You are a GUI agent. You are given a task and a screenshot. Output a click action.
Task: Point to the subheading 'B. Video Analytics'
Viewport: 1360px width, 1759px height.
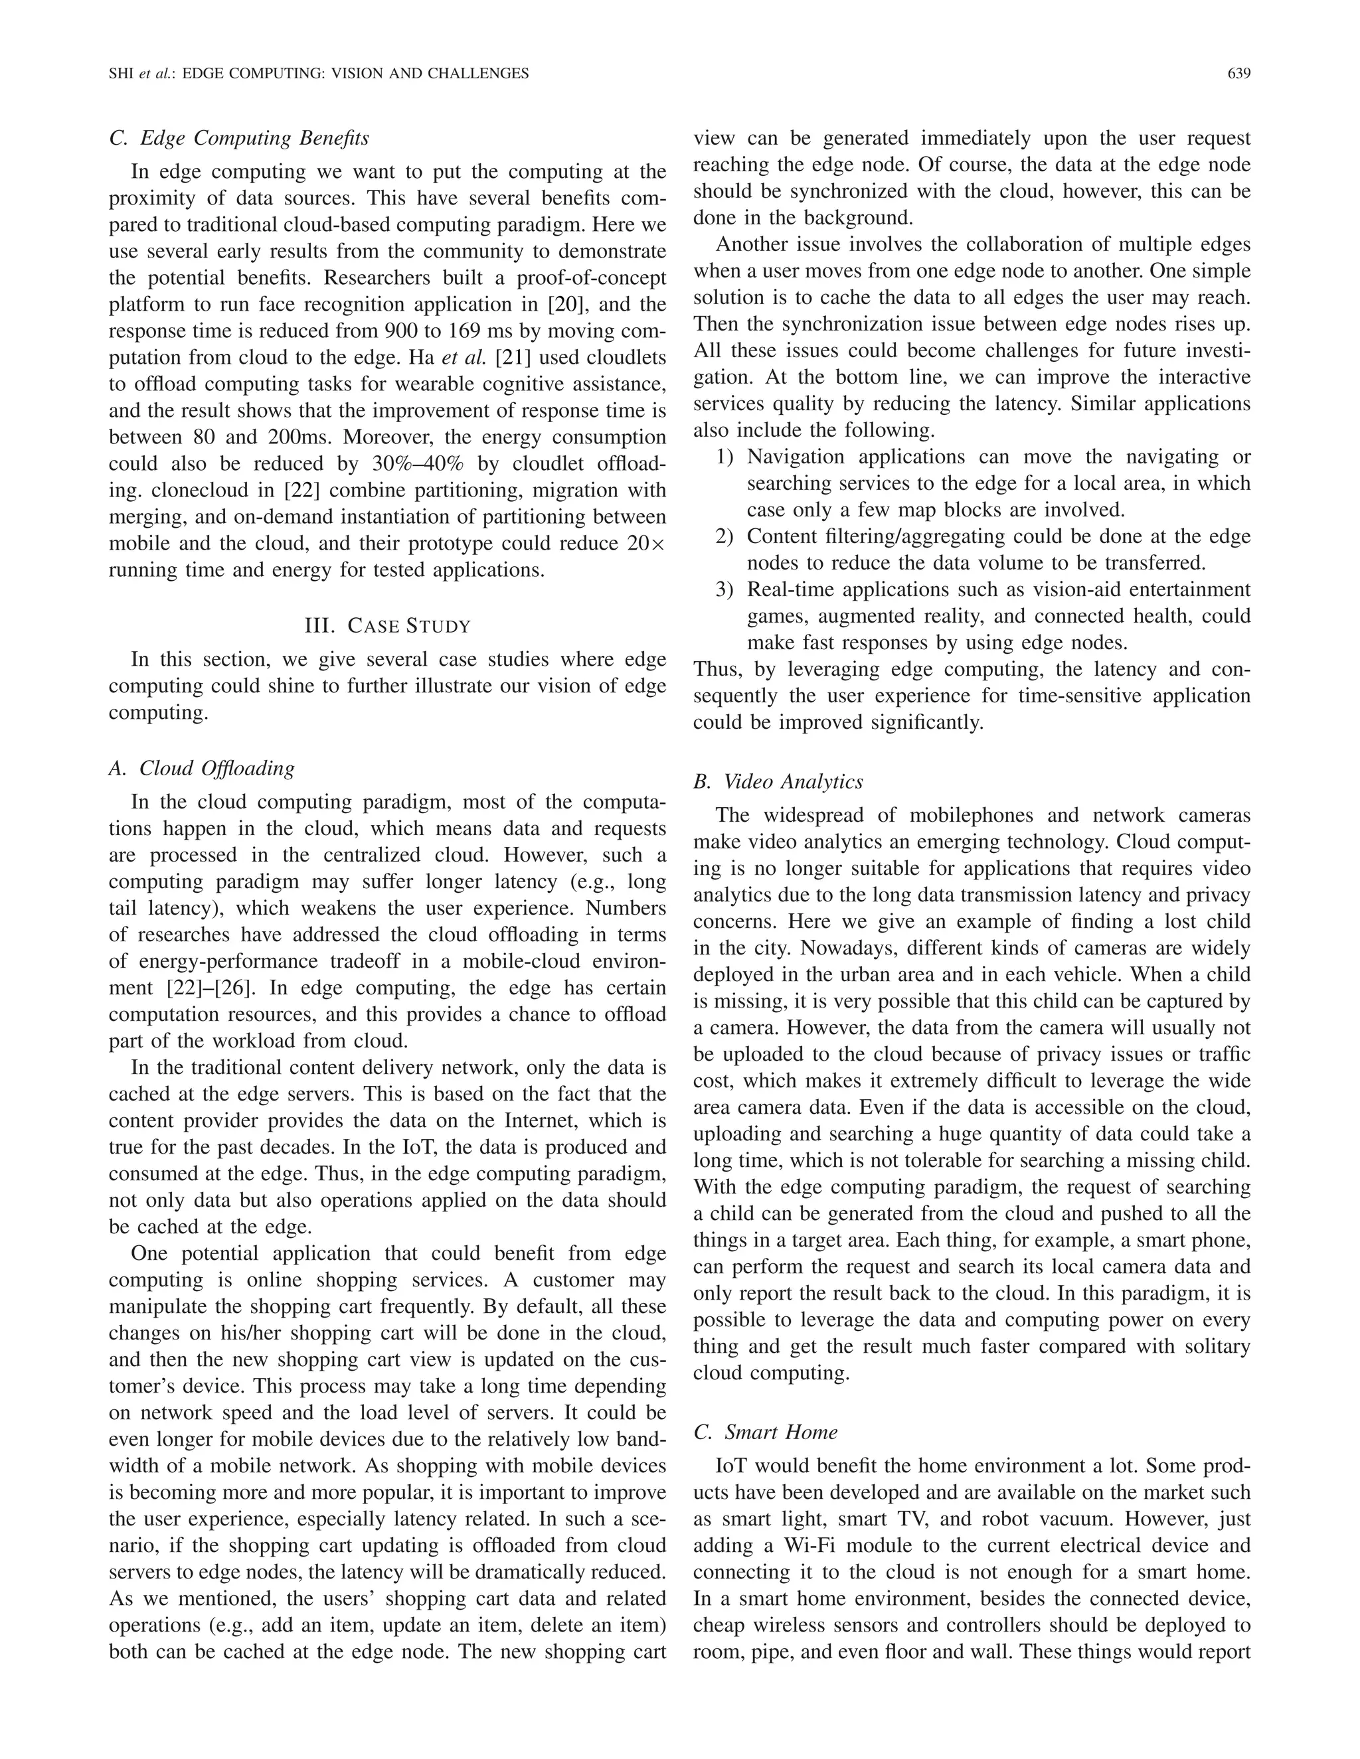[778, 781]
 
